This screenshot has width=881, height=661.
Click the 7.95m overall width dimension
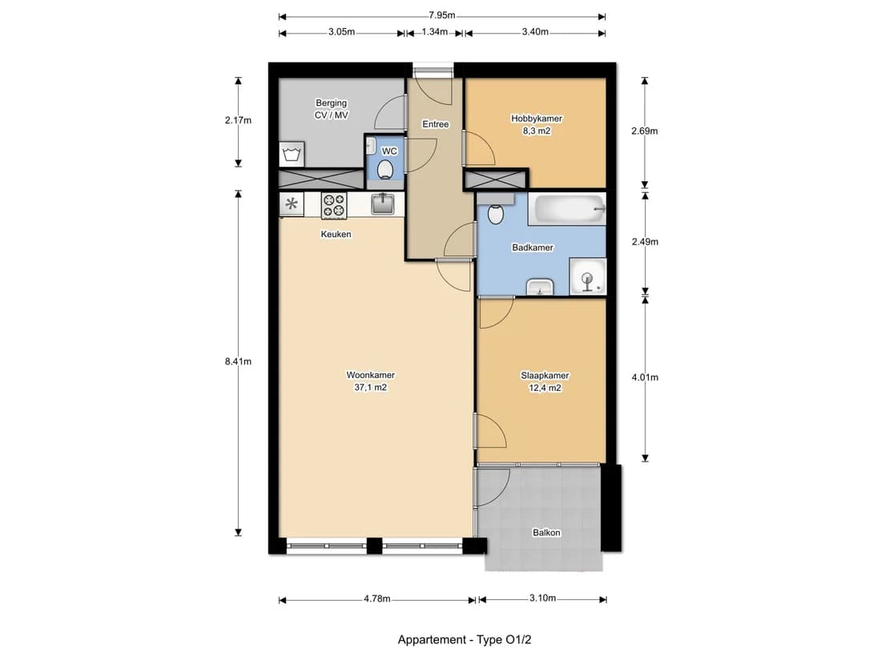[x=441, y=16]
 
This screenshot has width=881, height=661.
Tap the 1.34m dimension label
[x=434, y=32]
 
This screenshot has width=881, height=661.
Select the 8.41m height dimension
[x=238, y=361]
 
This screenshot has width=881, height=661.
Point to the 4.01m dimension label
[x=645, y=377]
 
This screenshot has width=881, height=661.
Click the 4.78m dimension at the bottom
[x=377, y=599]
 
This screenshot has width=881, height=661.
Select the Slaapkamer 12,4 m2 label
[x=545, y=381]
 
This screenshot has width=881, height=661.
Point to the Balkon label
[x=546, y=532]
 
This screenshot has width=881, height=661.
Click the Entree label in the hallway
[x=436, y=124]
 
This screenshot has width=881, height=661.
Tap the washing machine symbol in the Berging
[x=292, y=154]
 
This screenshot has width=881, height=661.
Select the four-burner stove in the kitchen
[x=334, y=205]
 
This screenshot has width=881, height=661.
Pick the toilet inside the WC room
[x=385, y=169]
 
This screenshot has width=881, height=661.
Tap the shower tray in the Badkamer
[x=588, y=276]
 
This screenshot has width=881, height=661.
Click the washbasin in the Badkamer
[x=540, y=287]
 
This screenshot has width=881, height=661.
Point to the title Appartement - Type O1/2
[x=464, y=639]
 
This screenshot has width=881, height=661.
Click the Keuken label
[x=336, y=235]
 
